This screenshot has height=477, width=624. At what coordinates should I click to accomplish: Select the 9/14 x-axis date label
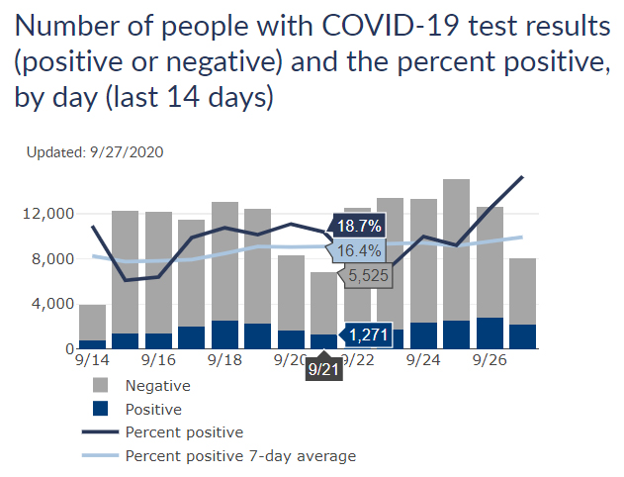pyautogui.click(x=93, y=363)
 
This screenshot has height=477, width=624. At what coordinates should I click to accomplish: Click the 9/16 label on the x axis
pyautogui.click(x=158, y=363)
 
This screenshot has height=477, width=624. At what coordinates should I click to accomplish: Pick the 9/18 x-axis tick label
pyautogui.click(x=224, y=363)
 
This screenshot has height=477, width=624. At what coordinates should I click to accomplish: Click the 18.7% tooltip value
pyautogui.click(x=359, y=227)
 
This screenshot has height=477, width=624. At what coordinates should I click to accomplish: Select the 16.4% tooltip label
pyautogui.click(x=359, y=251)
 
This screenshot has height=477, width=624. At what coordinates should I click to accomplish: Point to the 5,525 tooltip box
pyautogui.click(x=368, y=275)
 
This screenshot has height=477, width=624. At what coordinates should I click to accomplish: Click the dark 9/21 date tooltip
pyautogui.click(x=323, y=370)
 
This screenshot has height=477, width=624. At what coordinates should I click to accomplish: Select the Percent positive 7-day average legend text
pyautogui.click(x=240, y=456)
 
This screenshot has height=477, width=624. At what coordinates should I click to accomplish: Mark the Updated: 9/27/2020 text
pyautogui.click(x=95, y=152)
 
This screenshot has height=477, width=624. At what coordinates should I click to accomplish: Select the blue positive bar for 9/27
pyautogui.click(x=523, y=336)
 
